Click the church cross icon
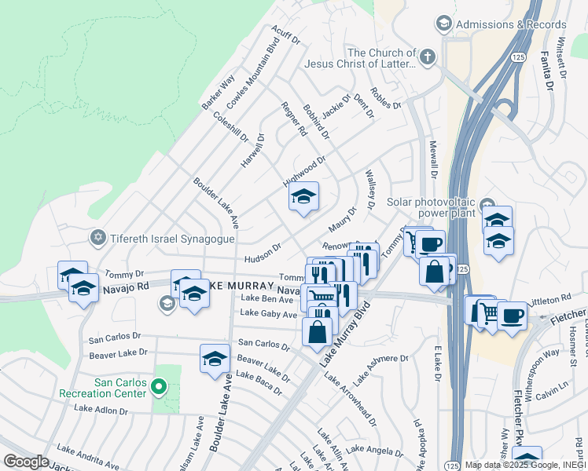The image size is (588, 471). click(427, 57)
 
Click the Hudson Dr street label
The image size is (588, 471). click(263, 250)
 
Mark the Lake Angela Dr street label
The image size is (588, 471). click(375, 450)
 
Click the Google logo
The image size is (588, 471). click(26, 462)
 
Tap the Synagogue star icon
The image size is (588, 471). click(98, 236)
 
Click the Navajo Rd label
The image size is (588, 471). click(126, 289)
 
